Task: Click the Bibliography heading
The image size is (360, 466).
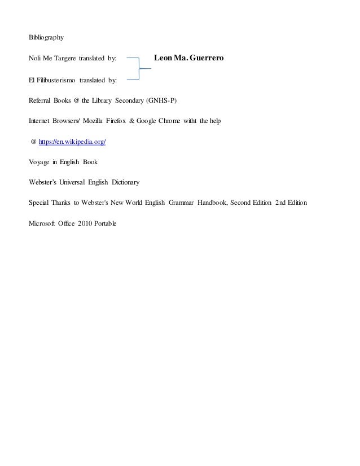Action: (x=46, y=38)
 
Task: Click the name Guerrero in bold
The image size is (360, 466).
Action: (x=206, y=59)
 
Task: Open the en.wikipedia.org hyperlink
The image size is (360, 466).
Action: (x=72, y=142)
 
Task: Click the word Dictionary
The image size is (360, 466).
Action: (x=125, y=183)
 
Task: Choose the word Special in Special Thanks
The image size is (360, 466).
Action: (x=39, y=203)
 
